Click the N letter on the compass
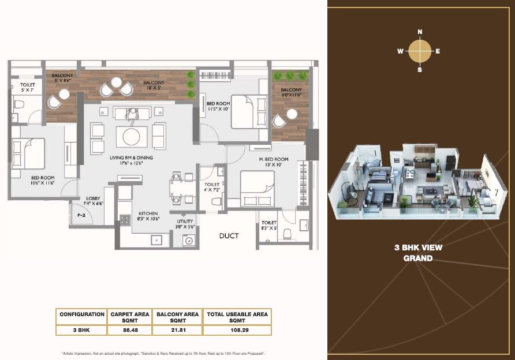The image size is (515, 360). (x=420, y=32)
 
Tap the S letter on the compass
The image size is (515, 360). (x=420, y=70)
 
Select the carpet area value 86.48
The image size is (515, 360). (x=130, y=331)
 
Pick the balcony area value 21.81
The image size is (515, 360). (x=178, y=331)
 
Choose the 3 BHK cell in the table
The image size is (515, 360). (x=81, y=331)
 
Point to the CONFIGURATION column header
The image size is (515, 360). (x=81, y=314)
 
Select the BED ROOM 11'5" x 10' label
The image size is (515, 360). (x=218, y=106)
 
